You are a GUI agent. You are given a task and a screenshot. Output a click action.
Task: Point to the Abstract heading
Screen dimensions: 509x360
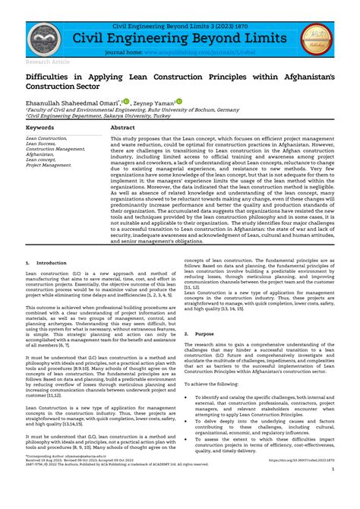click(123, 128)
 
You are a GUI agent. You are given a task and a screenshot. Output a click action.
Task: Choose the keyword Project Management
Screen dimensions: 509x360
click(50, 165)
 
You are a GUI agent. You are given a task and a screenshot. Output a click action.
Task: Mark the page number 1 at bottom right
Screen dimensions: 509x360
click(333, 491)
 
